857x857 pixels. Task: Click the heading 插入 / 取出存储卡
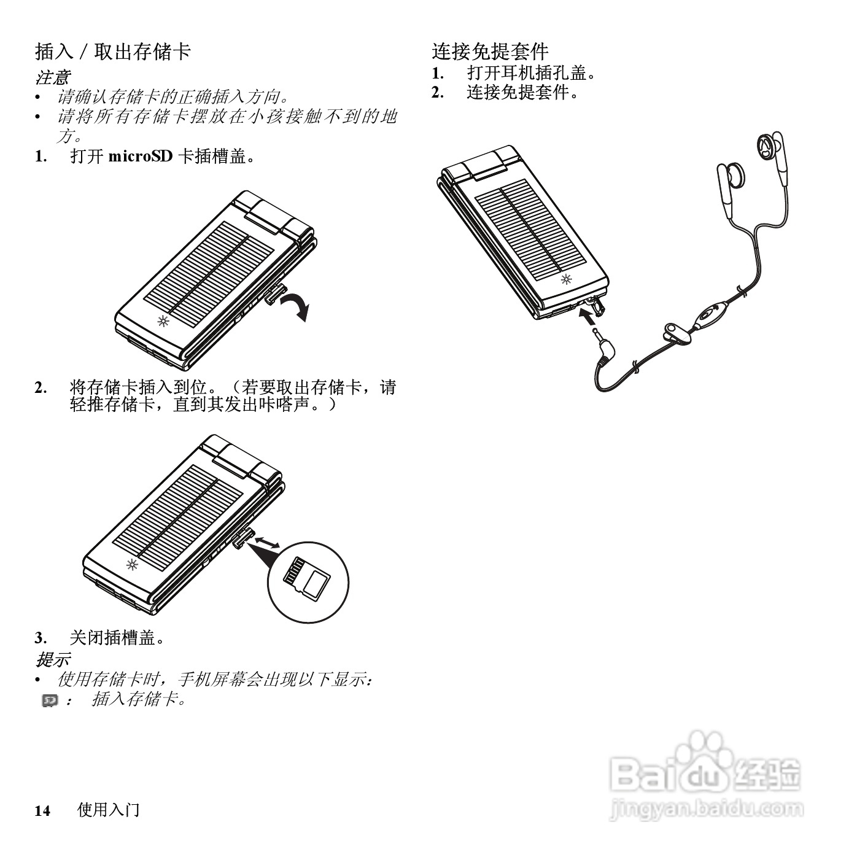point(113,52)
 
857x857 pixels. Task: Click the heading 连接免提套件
point(490,52)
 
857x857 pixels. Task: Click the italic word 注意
point(52,78)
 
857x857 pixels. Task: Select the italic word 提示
point(52,660)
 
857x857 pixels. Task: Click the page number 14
point(42,811)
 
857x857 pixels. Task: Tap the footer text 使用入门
point(108,810)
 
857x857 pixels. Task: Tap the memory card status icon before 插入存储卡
point(50,700)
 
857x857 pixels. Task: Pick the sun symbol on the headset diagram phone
point(566,280)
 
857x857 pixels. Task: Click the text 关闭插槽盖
point(117,638)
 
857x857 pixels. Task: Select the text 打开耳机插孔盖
point(531,73)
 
